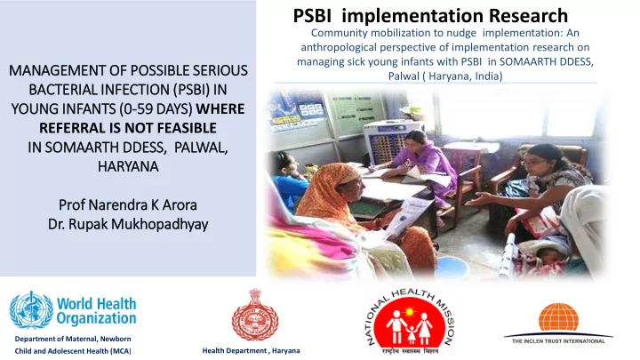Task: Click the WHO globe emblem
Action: pyautogui.click(x=31, y=310)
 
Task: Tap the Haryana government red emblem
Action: pyautogui.click(x=255, y=315)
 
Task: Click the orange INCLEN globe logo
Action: pyautogui.click(x=558, y=316)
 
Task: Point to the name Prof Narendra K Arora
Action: pyautogui.click(x=128, y=204)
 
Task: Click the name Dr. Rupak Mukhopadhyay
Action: pyautogui.click(x=128, y=224)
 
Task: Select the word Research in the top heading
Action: pyautogui.click(x=528, y=16)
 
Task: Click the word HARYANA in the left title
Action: pyautogui.click(x=128, y=166)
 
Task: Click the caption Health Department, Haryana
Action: pyautogui.click(x=251, y=350)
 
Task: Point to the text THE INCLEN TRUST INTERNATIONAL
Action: pyautogui.click(x=558, y=340)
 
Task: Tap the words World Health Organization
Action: pyautogui.click(x=96, y=311)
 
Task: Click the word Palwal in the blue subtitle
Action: pyautogui.click(x=404, y=76)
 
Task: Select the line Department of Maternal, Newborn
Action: pyautogui.click(x=73, y=339)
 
